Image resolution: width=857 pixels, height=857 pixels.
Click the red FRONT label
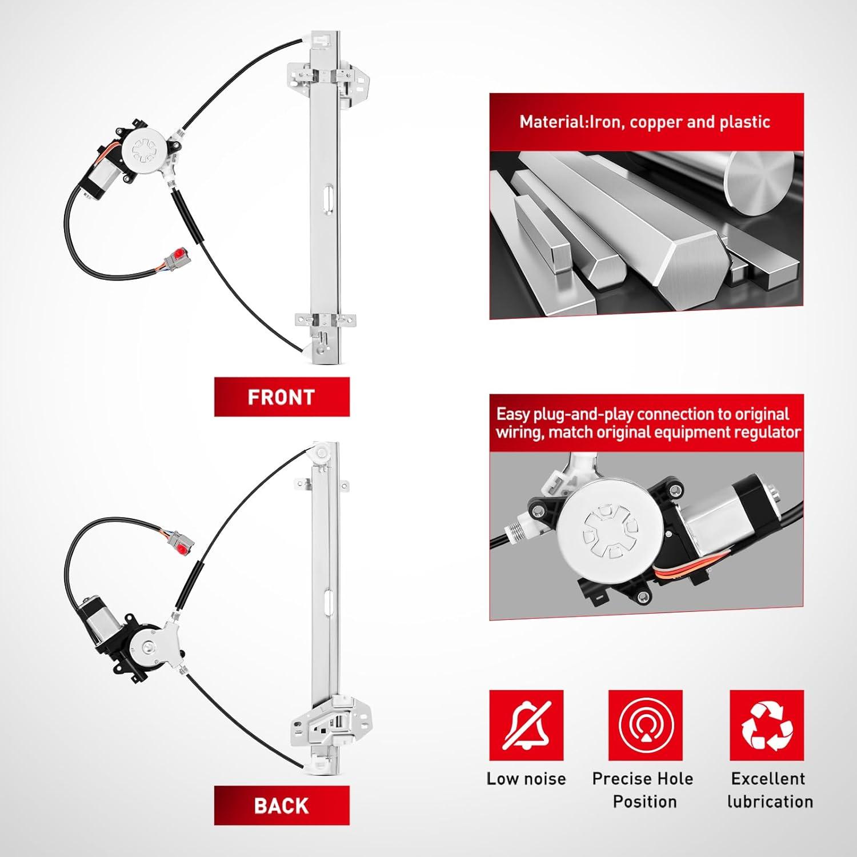click(282, 397)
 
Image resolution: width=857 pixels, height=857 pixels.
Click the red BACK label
click(282, 806)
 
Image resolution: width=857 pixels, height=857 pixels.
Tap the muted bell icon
click(526, 726)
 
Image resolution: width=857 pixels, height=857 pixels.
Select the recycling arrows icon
click(767, 726)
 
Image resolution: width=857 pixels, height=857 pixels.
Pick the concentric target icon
click(646, 726)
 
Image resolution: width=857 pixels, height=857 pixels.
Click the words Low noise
click(526, 779)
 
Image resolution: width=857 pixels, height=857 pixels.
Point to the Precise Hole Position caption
click(643, 790)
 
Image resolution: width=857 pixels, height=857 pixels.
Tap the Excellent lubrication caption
click(770, 790)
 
